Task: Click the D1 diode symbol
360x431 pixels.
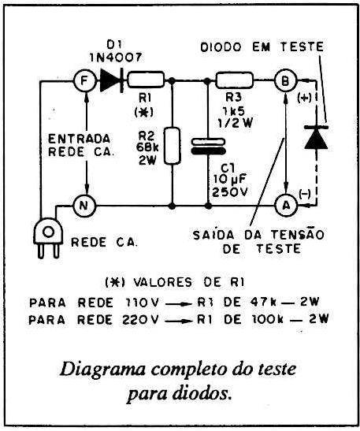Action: [x=112, y=80]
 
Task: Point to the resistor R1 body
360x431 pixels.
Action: [x=147, y=80]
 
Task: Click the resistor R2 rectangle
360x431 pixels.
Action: [x=173, y=146]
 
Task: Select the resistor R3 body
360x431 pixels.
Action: [x=235, y=80]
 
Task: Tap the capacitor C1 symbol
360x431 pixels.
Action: [x=208, y=147]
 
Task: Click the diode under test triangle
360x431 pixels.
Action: [x=317, y=137]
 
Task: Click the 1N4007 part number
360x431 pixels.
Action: [x=116, y=58]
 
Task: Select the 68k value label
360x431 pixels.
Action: [x=147, y=147]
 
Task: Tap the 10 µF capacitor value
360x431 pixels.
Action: [x=230, y=179]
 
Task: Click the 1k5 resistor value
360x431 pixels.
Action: [x=234, y=110]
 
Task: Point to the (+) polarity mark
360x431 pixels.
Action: [x=304, y=98]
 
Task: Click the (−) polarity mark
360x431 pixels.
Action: [x=305, y=195]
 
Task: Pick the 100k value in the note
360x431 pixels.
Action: [x=267, y=319]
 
